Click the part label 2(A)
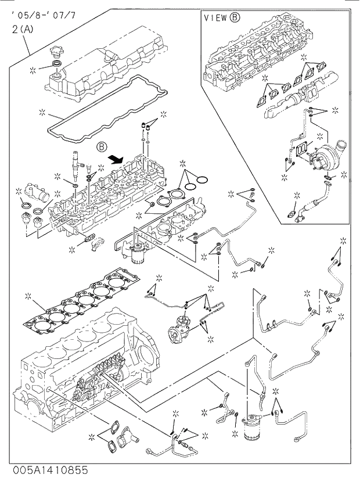(22, 28)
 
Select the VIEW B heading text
(222, 18)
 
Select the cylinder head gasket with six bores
(81, 302)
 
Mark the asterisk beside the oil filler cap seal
(33, 70)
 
